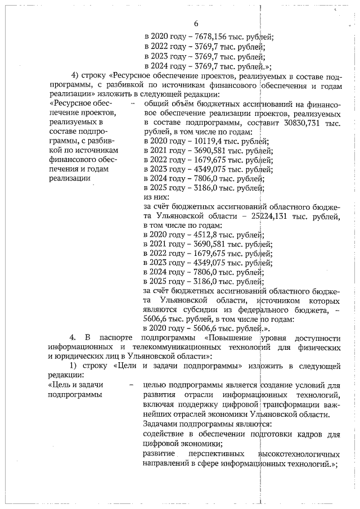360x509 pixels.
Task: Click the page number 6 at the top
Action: tap(196, 24)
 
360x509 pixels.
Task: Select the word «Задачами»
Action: tap(162, 424)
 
